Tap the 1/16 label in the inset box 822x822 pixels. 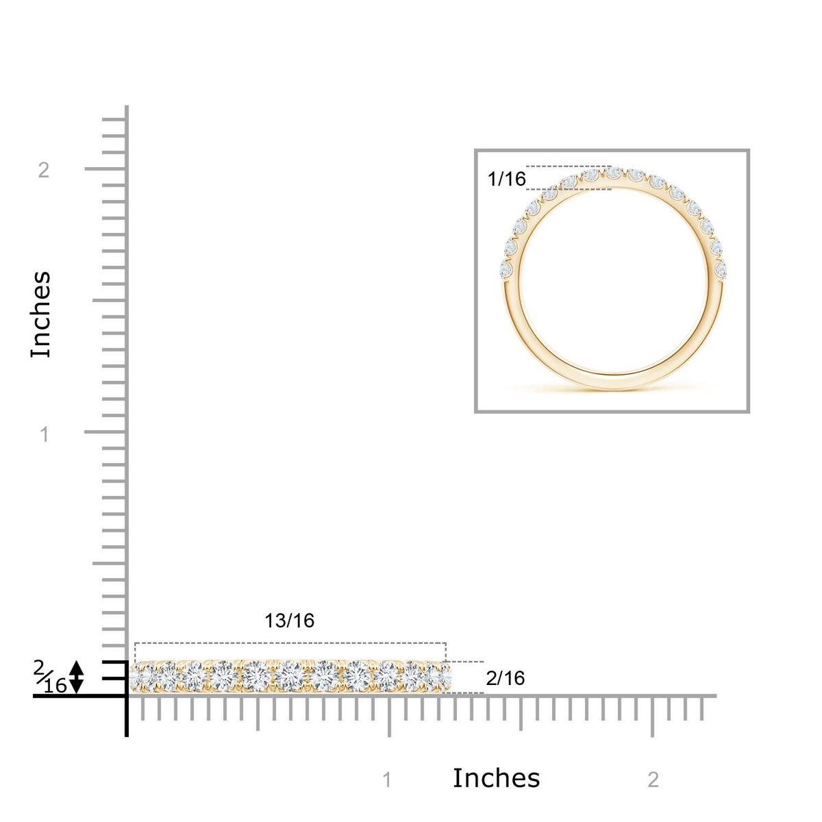(507, 179)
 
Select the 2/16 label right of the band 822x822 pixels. (505, 678)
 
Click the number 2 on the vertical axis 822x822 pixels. (44, 171)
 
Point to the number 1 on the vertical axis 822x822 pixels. (45, 435)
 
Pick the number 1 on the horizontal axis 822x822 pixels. (387, 780)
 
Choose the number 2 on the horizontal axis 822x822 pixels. (653, 780)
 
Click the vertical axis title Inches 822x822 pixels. (41, 314)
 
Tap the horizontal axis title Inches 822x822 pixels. (496, 778)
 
